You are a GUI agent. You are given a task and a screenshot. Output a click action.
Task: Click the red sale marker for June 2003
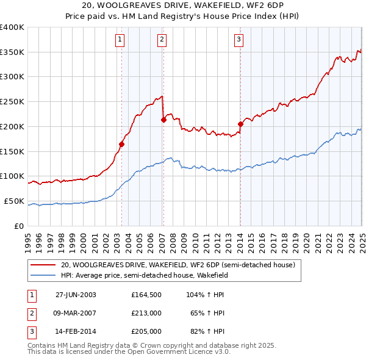(x=121, y=144)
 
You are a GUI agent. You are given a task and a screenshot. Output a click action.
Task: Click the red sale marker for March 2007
(x=163, y=120)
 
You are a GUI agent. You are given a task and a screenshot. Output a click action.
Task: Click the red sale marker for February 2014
(x=240, y=124)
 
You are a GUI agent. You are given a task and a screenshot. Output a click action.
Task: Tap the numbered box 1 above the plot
(x=120, y=40)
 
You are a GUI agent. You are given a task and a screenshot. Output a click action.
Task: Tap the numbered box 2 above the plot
(x=162, y=40)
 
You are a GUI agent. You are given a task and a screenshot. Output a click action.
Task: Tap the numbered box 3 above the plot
(x=239, y=40)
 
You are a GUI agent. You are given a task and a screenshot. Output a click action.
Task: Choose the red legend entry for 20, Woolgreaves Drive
(x=178, y=265)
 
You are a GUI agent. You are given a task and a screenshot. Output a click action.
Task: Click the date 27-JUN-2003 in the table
(x=76, y=295)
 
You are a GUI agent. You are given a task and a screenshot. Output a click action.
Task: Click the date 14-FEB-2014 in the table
(x=76, y=333)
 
